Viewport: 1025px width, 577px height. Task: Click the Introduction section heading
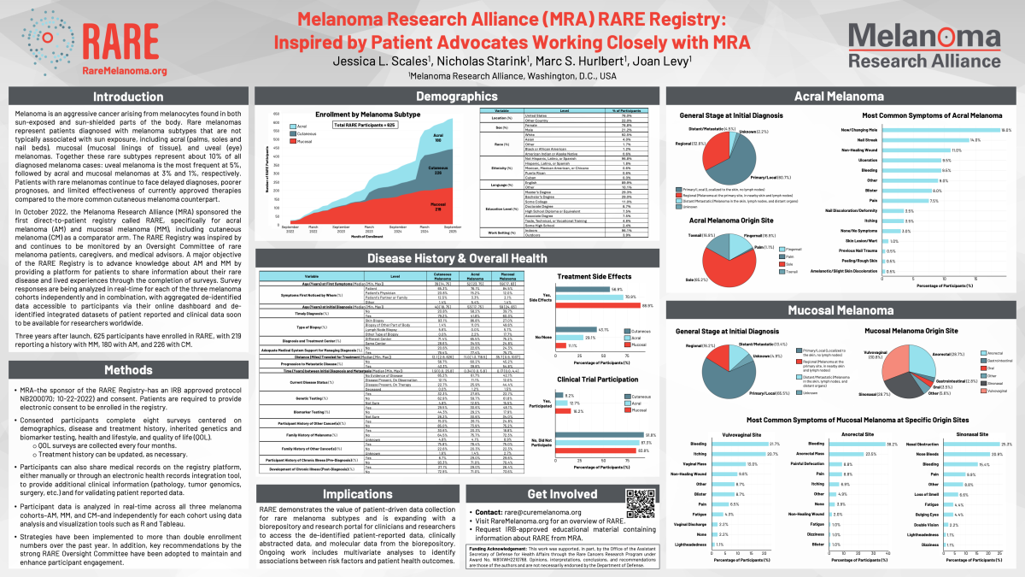point(128,97)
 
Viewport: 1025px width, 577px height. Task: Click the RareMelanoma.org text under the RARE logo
point(125,71)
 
